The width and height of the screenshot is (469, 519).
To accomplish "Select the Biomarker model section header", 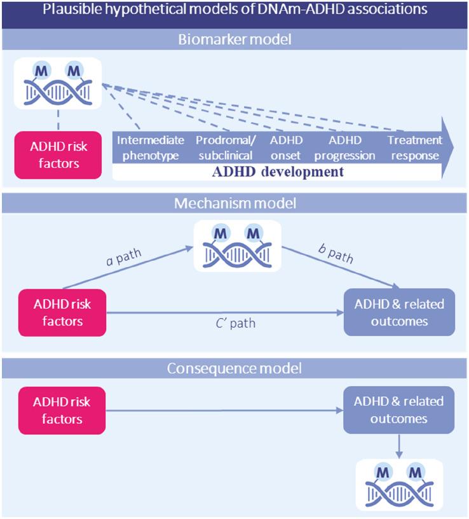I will coord(234,40).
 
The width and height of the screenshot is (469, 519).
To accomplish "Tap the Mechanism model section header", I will coord(234,204).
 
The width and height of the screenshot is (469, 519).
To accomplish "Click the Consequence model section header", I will coord(234,368).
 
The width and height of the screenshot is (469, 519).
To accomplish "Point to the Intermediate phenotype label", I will coord(151,147).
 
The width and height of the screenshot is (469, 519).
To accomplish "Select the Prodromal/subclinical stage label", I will coord(224,147).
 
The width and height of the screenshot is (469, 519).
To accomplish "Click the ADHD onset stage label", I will coord(287,147).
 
